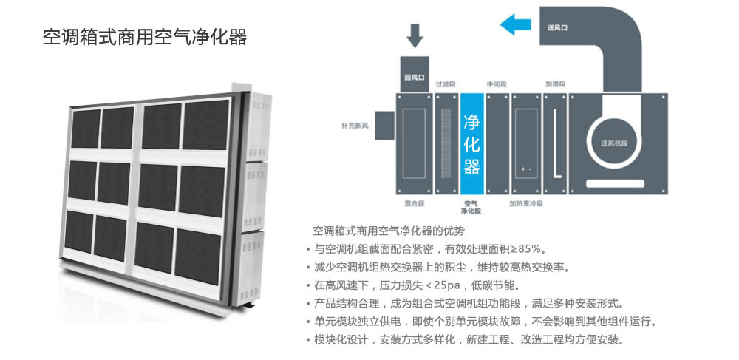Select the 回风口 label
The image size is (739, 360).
point(415,76)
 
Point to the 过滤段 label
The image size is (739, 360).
point(444,84)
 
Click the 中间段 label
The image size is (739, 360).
point(496,84)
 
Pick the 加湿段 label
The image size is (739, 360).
point(555,84)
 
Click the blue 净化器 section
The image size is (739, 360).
point(471,143)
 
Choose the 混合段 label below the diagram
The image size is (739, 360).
point(413,202)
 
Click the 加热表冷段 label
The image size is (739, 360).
point(526,203)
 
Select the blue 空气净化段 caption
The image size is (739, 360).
point(471,206)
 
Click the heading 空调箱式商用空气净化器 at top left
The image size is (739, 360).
point(144,37)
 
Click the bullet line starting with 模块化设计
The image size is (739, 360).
point(469,340)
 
